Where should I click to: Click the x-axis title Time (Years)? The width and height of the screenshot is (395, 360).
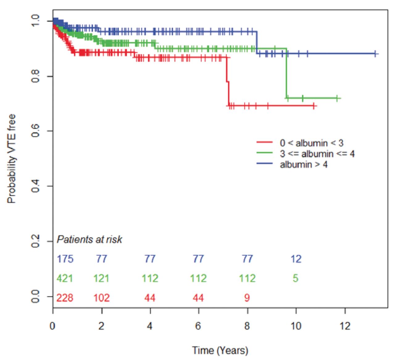click(220, 350)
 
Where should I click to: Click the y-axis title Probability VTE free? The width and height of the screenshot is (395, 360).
click(11, 159)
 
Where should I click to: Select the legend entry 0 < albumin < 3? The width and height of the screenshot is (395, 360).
click(311, 143)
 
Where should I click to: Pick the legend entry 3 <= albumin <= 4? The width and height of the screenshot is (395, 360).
click(317, 154)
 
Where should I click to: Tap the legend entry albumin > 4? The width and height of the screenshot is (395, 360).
click(303, 165)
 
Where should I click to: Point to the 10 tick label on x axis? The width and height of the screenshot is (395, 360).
click(296, 326)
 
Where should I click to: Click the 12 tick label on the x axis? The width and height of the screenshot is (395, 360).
click(345, 326)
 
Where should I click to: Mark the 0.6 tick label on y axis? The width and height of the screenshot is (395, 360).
click(36, 131)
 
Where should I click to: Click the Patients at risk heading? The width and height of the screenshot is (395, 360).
click(89, 239)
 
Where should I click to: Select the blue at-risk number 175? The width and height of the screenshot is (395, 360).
click(65, 259)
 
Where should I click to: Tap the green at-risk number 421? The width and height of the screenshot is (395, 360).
click(65, 279)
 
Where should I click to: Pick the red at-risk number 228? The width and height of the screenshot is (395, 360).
click(65, 298)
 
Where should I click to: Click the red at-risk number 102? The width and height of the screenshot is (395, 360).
click(102, 298)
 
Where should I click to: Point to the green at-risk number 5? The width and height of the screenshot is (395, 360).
click(295, 279)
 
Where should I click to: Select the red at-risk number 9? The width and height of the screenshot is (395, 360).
click(247, 298)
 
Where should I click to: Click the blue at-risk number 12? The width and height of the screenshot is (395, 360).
click(296, 259)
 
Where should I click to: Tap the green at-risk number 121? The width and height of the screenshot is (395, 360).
click(102, 279)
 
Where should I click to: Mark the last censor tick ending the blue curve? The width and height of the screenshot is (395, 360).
click(375, 54)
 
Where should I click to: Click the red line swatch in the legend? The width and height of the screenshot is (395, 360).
click(264, 143)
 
